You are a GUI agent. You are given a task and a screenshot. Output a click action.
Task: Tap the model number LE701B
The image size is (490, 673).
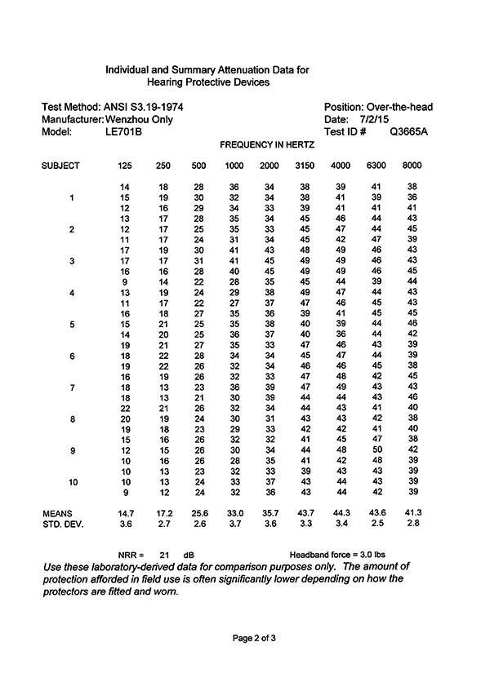(124, 131)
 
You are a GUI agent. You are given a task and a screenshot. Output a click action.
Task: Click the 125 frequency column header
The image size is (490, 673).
(125, 166)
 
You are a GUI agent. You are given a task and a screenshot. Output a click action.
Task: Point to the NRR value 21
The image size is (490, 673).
(163, 552)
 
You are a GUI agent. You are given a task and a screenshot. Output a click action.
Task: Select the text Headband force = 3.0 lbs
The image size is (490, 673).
(342, 552)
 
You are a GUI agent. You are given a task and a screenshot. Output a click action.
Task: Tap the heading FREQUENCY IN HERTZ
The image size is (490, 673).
(267, 144)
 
